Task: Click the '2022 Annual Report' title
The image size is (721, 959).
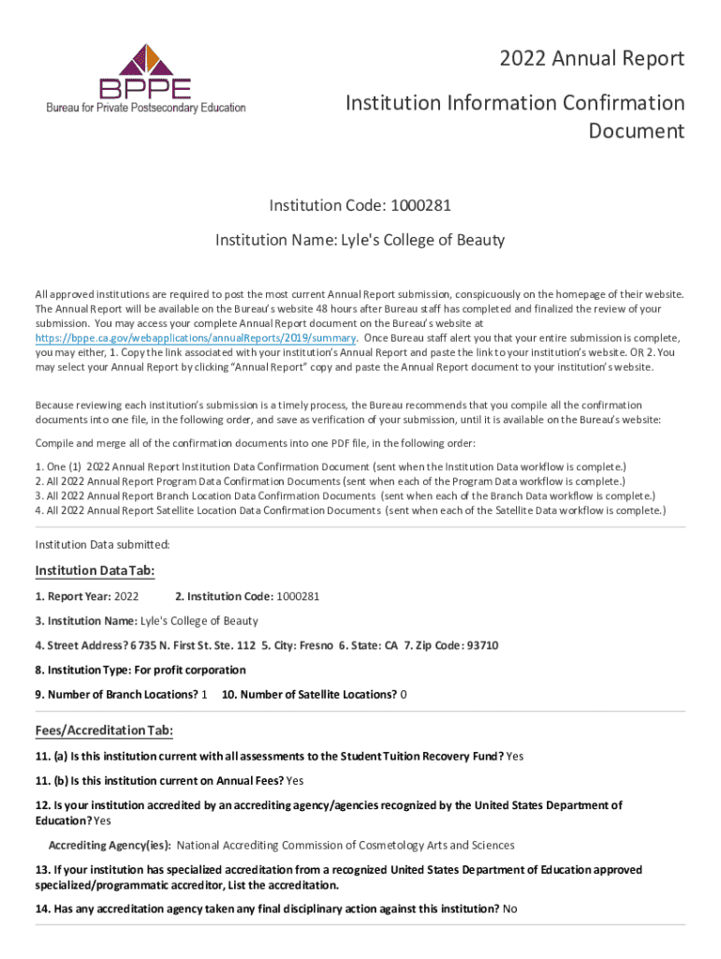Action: [593, 60]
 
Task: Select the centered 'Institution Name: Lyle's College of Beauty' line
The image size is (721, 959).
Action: [360, 241]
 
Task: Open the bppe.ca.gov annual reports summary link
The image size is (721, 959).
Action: [195, 338]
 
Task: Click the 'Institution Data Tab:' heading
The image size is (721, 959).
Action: [95, 571]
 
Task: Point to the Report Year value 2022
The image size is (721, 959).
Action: [125, 596]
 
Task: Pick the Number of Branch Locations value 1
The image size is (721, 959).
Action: [204, 694]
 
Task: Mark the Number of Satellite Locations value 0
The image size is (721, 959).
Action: [404, 694]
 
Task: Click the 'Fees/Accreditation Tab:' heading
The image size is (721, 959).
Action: [104, 730]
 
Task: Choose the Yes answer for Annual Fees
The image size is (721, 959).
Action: [295, 780]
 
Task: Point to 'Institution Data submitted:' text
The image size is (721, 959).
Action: [102, 544]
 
